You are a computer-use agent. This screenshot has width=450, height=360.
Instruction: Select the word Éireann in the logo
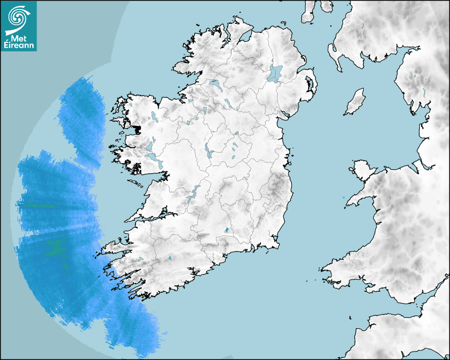(19, 46)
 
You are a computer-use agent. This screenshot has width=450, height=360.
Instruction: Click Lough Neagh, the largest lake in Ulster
(275, 73)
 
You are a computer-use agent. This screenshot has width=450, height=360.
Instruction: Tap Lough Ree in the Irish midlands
(208, 152)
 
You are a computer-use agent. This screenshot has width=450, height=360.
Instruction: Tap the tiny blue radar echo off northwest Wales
(344, 197)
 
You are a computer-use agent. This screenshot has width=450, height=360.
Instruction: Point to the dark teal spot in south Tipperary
(227, 230)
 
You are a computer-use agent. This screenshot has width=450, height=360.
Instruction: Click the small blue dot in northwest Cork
(169, 258)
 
